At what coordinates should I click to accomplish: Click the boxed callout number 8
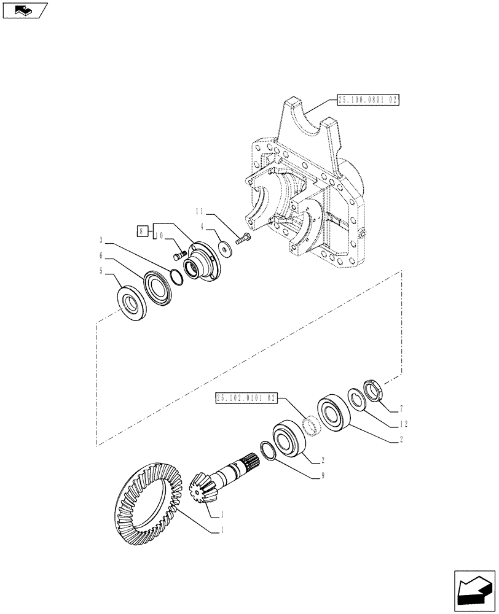[142, 231]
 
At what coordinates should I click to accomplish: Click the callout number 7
[400, 408]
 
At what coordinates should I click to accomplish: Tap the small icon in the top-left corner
[25, 10]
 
